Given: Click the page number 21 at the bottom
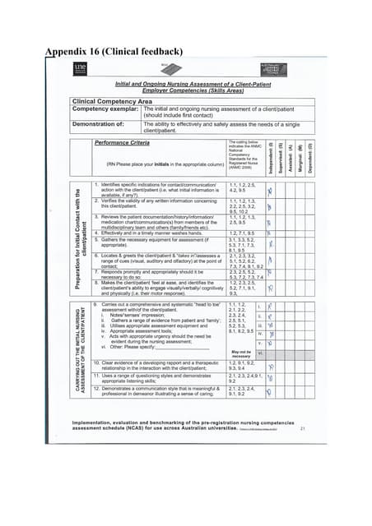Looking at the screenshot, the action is click(304, 428).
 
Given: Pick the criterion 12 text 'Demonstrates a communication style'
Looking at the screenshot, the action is click(161, 394).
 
